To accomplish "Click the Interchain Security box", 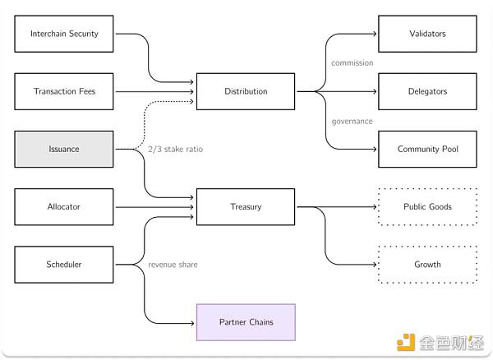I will click(64, 34).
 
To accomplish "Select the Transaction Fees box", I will click(64, 91).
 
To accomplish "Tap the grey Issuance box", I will click(64, 149).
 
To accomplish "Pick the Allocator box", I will click(64, 206).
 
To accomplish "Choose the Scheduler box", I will click(64, 264).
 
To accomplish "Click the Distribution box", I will click(246, 91).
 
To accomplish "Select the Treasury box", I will click(246, 206).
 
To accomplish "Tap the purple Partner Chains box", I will click(246, 321).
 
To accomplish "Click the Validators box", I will click(427, 34).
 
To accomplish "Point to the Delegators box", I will click(427, 91).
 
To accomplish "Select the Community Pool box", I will click(427, 149).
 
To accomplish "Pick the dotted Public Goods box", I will click(427, 206).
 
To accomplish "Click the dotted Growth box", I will click(427, 264).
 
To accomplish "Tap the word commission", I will click(352, 62).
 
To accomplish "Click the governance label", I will click(352, 121).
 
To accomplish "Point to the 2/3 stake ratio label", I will click(175, 149).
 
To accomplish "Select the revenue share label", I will click(173, 264).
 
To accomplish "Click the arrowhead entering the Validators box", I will click(374, 34).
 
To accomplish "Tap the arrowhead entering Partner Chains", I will click(192, 321).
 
